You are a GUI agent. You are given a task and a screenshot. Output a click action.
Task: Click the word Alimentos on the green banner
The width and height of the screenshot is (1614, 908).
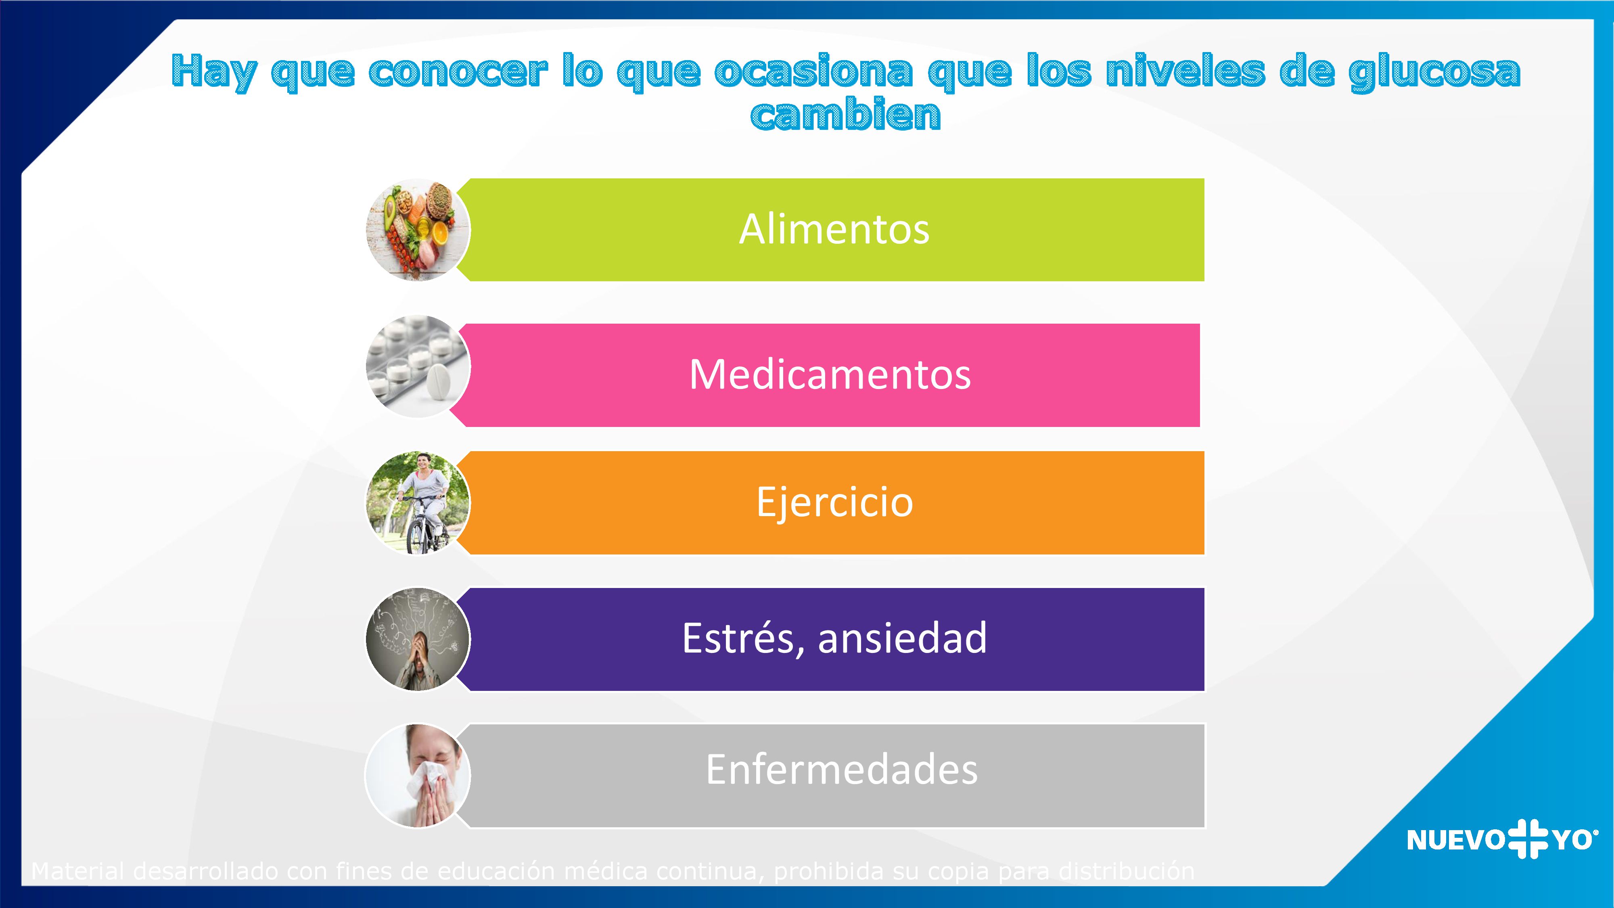[x=834, y=229]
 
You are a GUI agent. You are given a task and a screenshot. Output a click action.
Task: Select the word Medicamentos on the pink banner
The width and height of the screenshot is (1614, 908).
[x=830, y=375]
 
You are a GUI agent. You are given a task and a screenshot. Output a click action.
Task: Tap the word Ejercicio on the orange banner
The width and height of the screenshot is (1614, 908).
[x=834, y=502]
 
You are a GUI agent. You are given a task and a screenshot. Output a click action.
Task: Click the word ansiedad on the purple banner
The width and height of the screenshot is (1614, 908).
[x=902, y=638]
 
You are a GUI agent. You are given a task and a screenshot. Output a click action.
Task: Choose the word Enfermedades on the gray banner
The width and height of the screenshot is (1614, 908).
[x=841, y=770]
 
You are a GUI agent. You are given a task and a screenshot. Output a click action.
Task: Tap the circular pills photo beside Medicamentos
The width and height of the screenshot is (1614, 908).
[x=418, y=366]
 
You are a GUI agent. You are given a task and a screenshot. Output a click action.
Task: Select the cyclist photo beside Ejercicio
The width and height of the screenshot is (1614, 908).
[x=418, y=502]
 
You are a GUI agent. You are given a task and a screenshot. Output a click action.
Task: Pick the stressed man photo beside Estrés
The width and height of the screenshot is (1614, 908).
[x=418, y=639]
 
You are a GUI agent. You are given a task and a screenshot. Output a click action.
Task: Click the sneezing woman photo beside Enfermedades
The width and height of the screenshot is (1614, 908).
[x=418, y=776]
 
